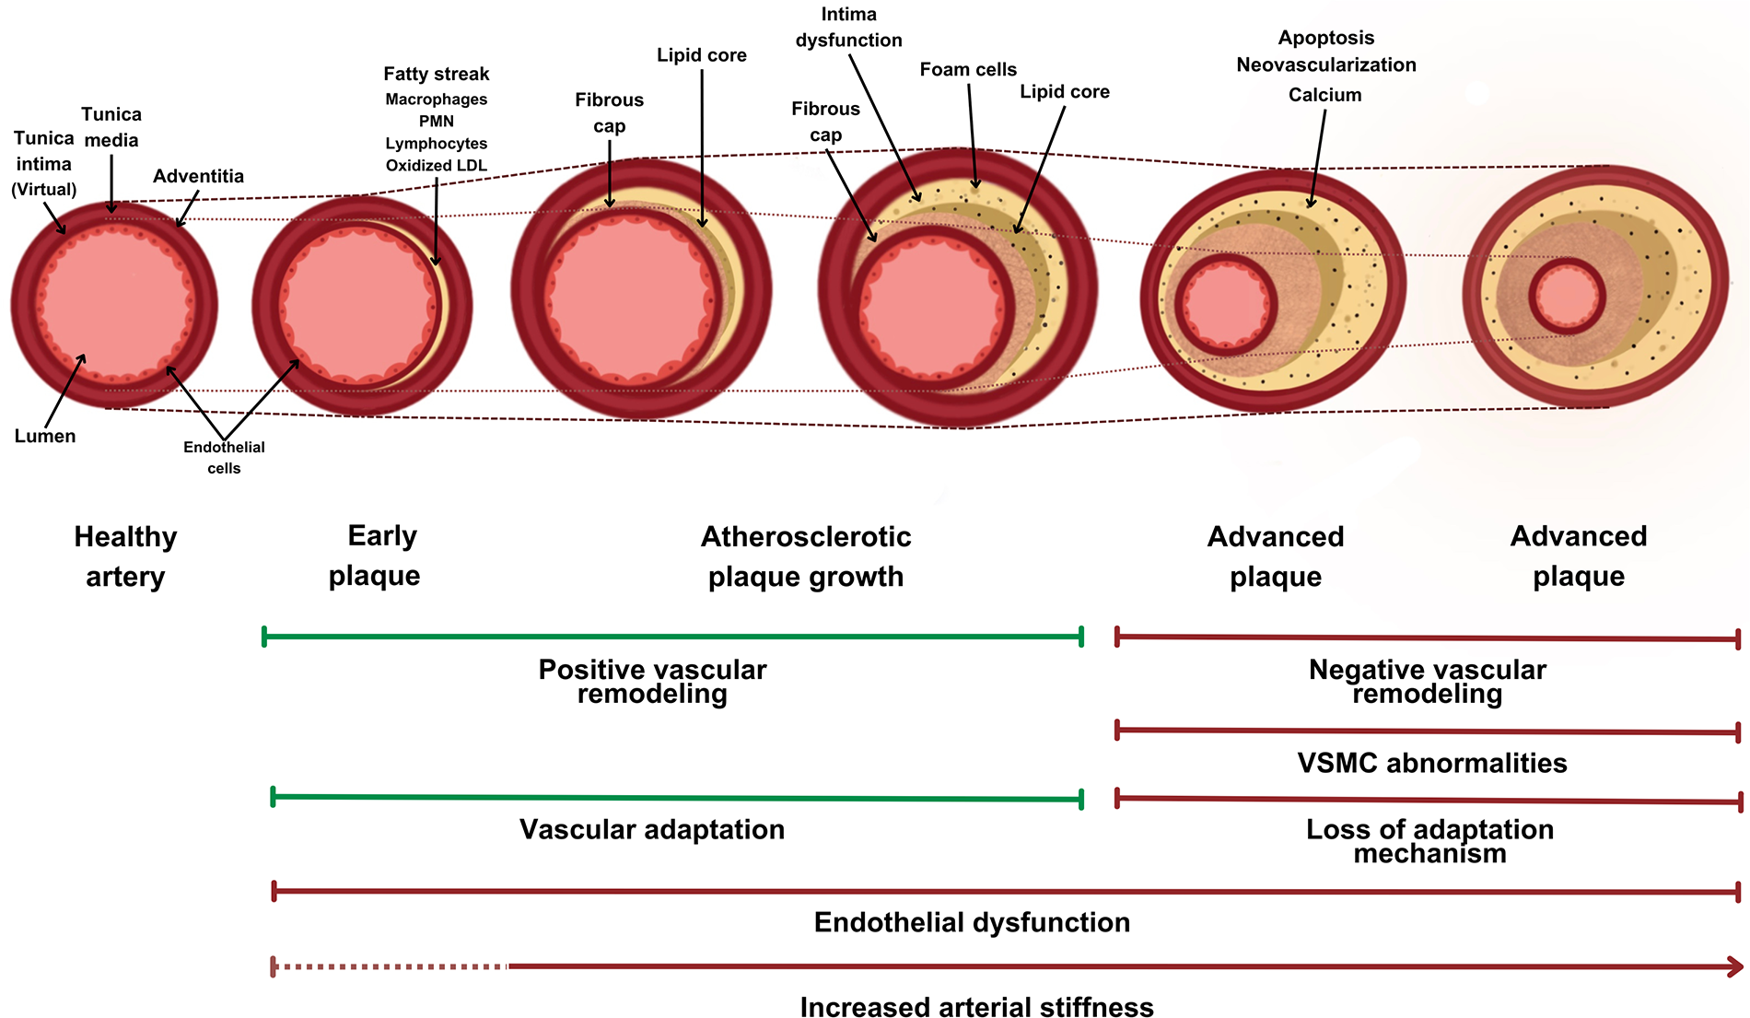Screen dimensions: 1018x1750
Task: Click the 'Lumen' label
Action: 45,436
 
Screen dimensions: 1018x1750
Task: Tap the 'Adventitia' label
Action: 198,176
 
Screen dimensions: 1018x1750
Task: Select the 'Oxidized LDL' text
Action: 436,166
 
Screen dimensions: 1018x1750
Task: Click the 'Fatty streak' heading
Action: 436,74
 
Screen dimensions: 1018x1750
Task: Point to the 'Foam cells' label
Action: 968,69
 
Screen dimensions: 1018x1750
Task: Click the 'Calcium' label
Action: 1324,95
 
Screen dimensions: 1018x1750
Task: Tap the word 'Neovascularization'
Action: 1325,64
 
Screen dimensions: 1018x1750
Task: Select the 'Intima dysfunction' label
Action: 848,28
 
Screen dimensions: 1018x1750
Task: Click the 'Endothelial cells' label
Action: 224,457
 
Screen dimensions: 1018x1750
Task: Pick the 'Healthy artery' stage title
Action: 125,556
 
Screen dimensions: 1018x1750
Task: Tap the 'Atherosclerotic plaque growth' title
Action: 806,556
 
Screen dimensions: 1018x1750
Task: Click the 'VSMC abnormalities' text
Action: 1431,763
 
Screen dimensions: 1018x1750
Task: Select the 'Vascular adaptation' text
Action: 652,829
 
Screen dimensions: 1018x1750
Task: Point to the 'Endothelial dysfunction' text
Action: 972,922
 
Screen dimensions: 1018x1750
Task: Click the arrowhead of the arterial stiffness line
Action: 1735,966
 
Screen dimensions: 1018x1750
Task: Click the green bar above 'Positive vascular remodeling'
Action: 672,636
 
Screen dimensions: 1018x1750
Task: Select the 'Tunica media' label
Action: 111,127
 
